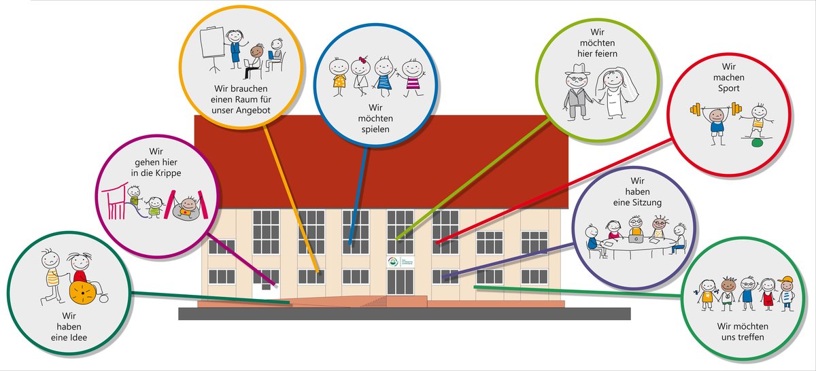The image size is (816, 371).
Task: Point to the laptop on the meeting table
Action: coord(635,238)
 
